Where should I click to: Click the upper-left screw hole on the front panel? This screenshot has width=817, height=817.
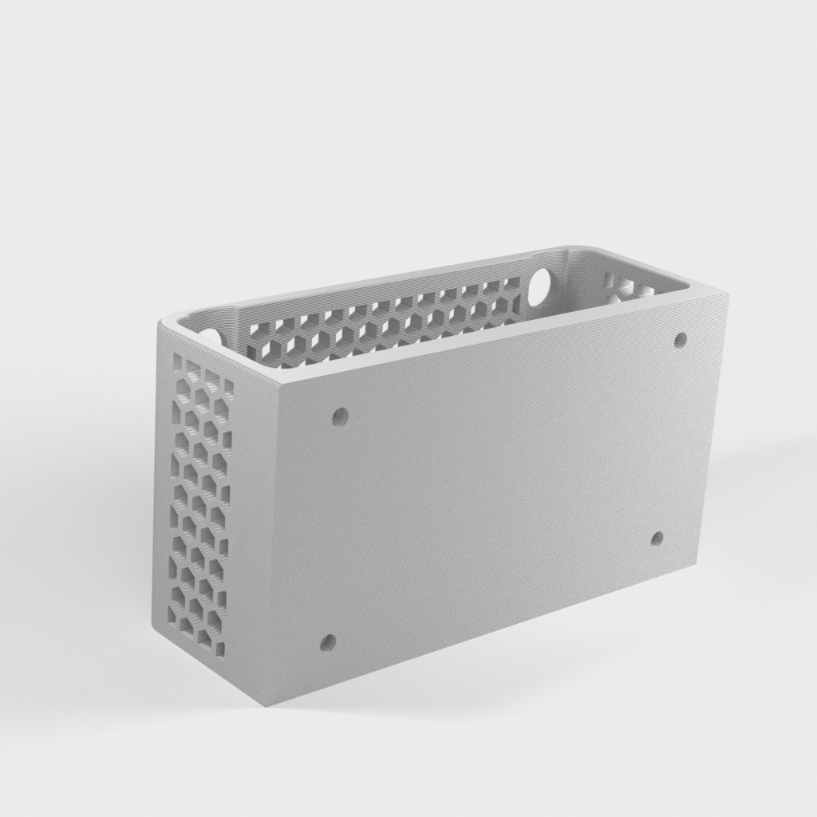pyautogui.click(x=341, y=416)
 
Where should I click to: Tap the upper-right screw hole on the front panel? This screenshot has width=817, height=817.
pyautogui.click(x=681, y=340)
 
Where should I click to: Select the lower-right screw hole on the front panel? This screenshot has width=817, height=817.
pyautogui.click(x=657, y=539)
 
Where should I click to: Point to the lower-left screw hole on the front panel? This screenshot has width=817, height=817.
pyautogui.click(x=327, y=641)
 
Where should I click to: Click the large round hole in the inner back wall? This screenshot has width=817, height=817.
pyautogui.click(x=540, y=283)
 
